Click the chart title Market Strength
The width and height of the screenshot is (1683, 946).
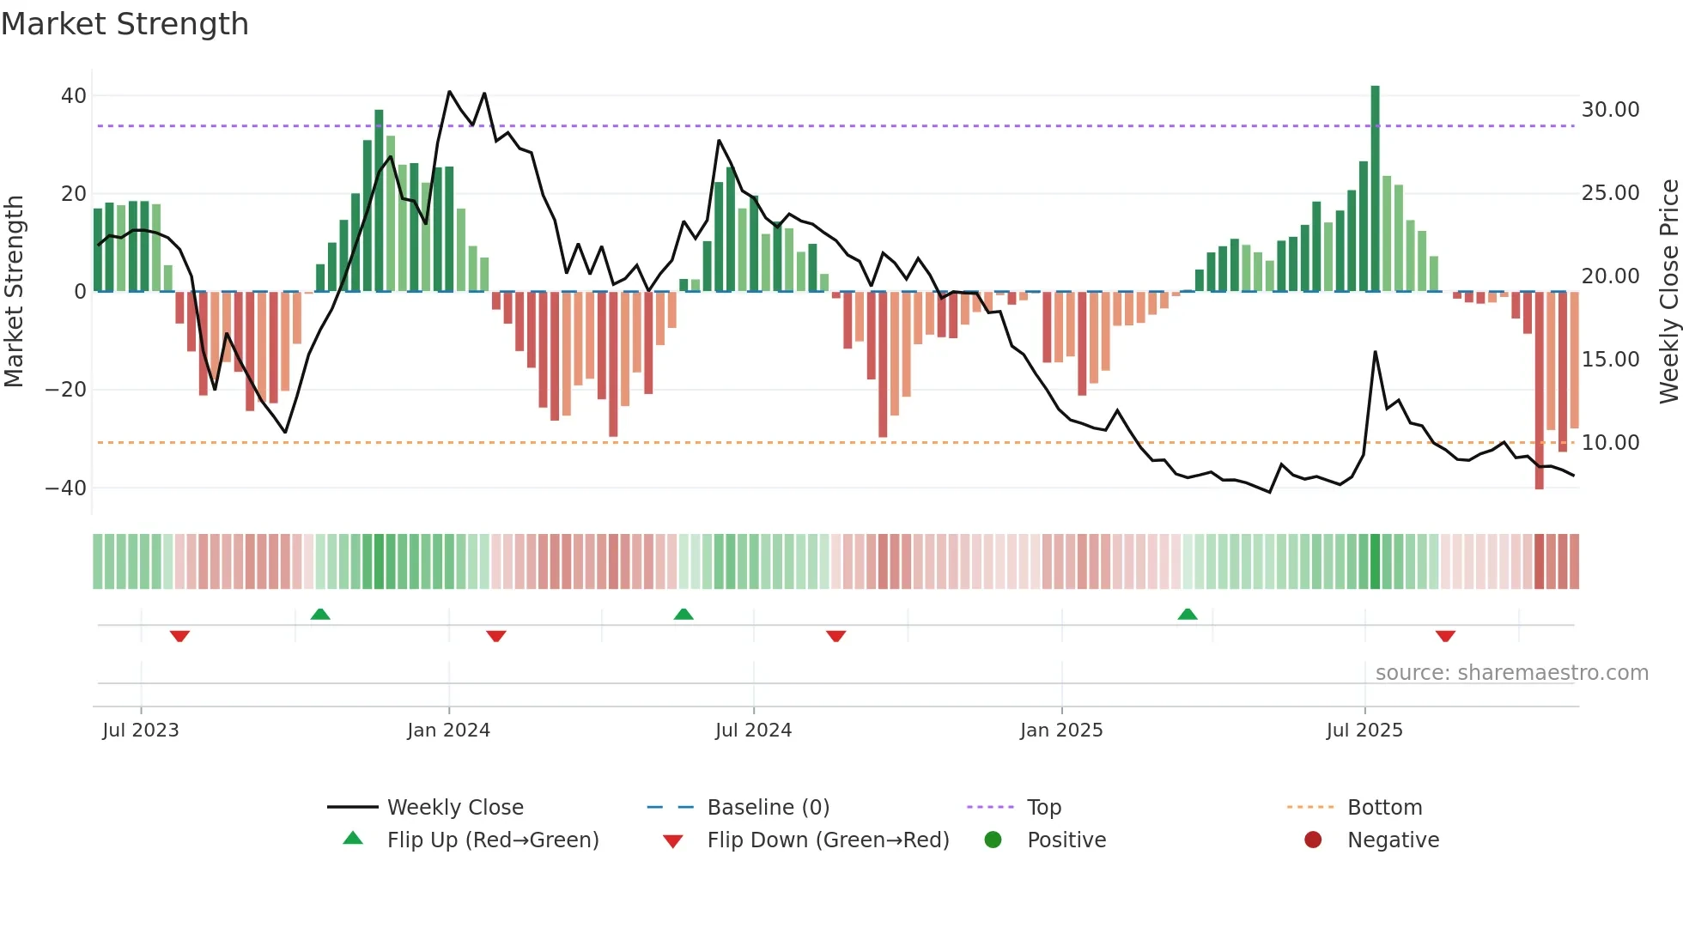[x=125, y=24]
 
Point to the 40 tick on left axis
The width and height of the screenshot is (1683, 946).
[x=74, y=96]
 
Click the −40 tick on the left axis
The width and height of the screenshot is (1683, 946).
[x=66, y=488]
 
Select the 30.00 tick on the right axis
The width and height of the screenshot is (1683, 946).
[x=1610, y=110]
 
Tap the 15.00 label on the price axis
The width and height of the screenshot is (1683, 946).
[x=1610, y=360]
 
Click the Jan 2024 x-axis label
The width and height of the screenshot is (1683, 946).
[x=448, y=731]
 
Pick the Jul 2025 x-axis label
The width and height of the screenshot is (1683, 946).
[x=1364, y=731]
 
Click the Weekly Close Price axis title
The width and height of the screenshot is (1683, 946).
[x=1668, y=292]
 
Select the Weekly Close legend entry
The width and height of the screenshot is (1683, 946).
[x=454, y=808]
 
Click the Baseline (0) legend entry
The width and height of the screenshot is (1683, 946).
[x=768, y=808]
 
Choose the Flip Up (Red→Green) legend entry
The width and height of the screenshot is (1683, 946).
[x=492, y=840]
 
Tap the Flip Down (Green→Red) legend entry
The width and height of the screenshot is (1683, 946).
[x=828, y=840]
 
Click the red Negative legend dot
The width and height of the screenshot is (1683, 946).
[x=1312, y=840]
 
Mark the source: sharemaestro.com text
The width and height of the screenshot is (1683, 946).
[x=1511, y=673]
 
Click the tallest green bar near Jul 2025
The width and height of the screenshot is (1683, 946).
[x=1375, y=189]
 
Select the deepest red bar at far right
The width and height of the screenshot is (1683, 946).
[x=1539, y=391]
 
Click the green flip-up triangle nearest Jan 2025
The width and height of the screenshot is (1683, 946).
[x=1187, y=615]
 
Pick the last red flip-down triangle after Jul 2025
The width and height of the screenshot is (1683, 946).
[x=1444, y=636]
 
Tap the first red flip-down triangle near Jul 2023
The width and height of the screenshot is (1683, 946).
[x=179, y=636]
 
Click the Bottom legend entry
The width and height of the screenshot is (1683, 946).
[x=1384, y=808]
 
